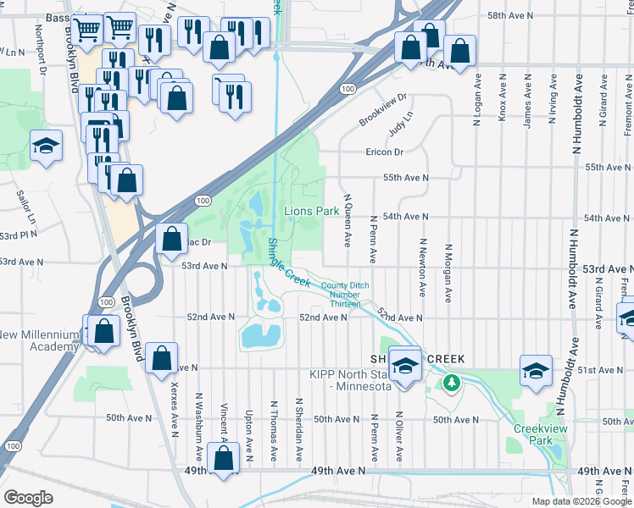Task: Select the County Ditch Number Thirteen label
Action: (x=341, y=295)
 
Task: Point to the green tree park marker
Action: (x=453, y=384)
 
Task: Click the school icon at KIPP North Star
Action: (x=406, y=365)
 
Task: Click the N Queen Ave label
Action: (x=346, y=219)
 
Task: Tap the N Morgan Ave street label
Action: (x=448, y=273)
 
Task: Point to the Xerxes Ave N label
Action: (x=174, y=409)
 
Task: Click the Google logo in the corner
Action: (x=28, y=498)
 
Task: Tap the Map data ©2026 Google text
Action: (x=581, y=501)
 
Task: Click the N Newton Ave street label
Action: (x=420, y=267)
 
